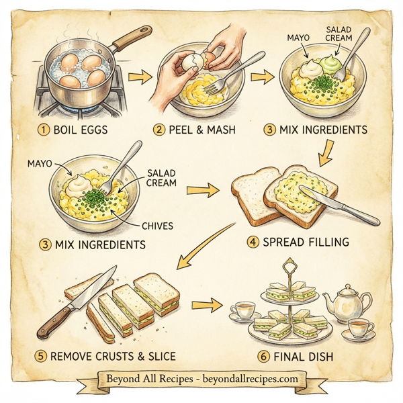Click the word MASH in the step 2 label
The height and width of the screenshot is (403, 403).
tap(218, 129)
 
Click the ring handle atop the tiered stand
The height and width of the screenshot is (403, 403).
tap(289, 264)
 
